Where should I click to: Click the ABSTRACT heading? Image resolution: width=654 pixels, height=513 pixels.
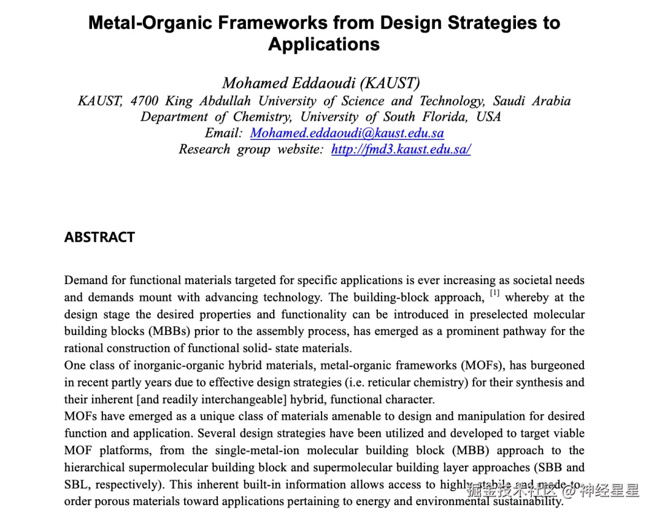99,237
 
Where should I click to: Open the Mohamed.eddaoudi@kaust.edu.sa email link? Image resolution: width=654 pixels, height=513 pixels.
347,133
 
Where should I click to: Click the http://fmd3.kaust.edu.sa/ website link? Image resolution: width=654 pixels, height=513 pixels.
401,150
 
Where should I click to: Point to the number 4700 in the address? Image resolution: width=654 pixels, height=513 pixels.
145,101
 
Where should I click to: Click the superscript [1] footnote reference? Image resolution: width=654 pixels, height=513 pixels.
495,293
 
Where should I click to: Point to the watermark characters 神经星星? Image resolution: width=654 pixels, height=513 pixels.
609,491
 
